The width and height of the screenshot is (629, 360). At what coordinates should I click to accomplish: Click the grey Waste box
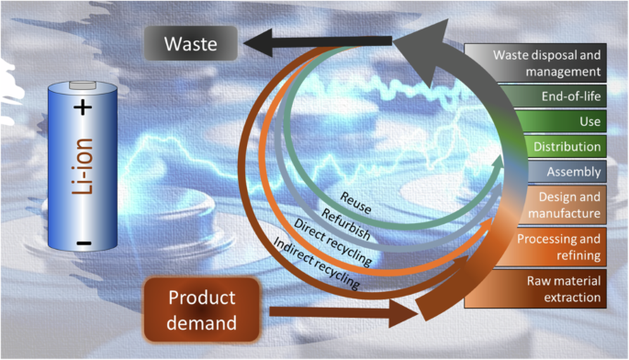coord(191,41)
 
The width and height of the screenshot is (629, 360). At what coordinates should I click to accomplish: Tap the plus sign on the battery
coord(84,108)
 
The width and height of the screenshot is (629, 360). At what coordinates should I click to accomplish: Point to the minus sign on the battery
coord(84,243)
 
